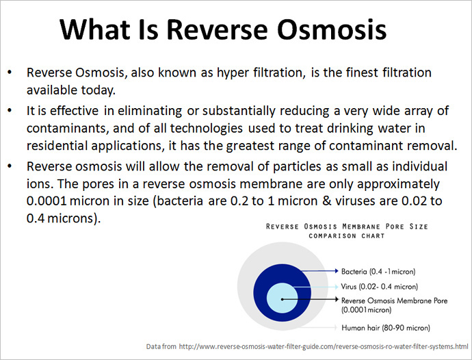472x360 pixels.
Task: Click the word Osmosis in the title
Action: [331, 29]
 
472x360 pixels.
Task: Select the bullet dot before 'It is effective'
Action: [10, 111]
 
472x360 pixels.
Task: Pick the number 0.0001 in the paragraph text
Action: [47, 201]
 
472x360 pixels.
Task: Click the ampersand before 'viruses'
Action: [326, 201]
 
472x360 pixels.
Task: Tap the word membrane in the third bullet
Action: [271, 184]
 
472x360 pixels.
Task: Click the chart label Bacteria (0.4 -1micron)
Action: [378, 272]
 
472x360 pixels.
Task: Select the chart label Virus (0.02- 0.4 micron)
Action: [379, 287]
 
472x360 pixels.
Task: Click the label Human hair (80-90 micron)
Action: [386, 328]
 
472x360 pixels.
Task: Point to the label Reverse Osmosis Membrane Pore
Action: [394, 300]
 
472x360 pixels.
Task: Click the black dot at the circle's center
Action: [282, 299]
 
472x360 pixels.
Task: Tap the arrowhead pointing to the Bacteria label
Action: [337, 271]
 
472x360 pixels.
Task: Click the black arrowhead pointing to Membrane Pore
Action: [337, 299]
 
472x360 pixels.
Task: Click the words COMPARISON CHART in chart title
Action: [347, 236]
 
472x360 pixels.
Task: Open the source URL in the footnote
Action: [324, 346]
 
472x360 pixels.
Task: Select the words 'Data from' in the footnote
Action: [161, 346]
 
